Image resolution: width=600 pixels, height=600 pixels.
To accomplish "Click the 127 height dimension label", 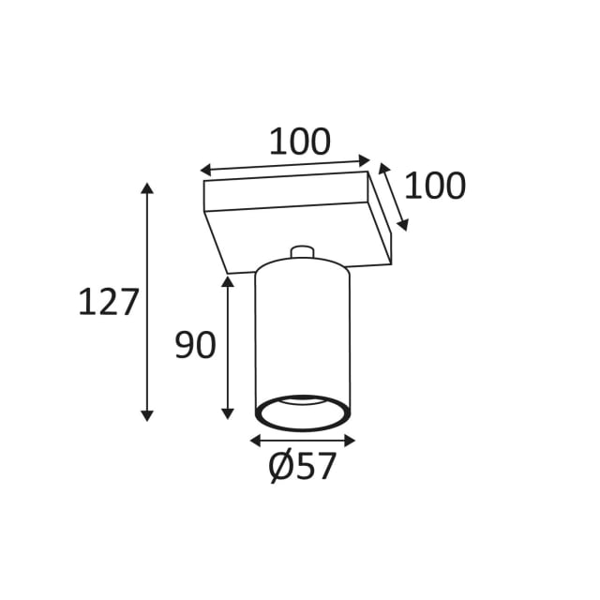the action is [108, 302].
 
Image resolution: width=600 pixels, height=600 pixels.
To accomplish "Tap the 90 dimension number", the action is [196, 345].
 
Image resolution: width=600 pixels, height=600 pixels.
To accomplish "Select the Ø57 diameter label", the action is [302, 467].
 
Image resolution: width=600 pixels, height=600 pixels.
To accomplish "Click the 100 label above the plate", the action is [300, 142].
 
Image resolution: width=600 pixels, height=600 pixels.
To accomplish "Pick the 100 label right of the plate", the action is [435, 186].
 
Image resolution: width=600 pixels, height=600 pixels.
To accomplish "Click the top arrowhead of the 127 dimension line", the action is [147, 188].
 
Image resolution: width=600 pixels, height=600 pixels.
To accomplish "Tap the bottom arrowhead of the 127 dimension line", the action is [147, 416].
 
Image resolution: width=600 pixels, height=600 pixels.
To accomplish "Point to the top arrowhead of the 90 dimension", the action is [228, 281].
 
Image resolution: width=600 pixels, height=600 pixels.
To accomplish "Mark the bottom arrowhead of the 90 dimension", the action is [228, 413].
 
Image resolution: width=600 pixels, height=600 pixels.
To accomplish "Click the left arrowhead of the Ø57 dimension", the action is [255, 441].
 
